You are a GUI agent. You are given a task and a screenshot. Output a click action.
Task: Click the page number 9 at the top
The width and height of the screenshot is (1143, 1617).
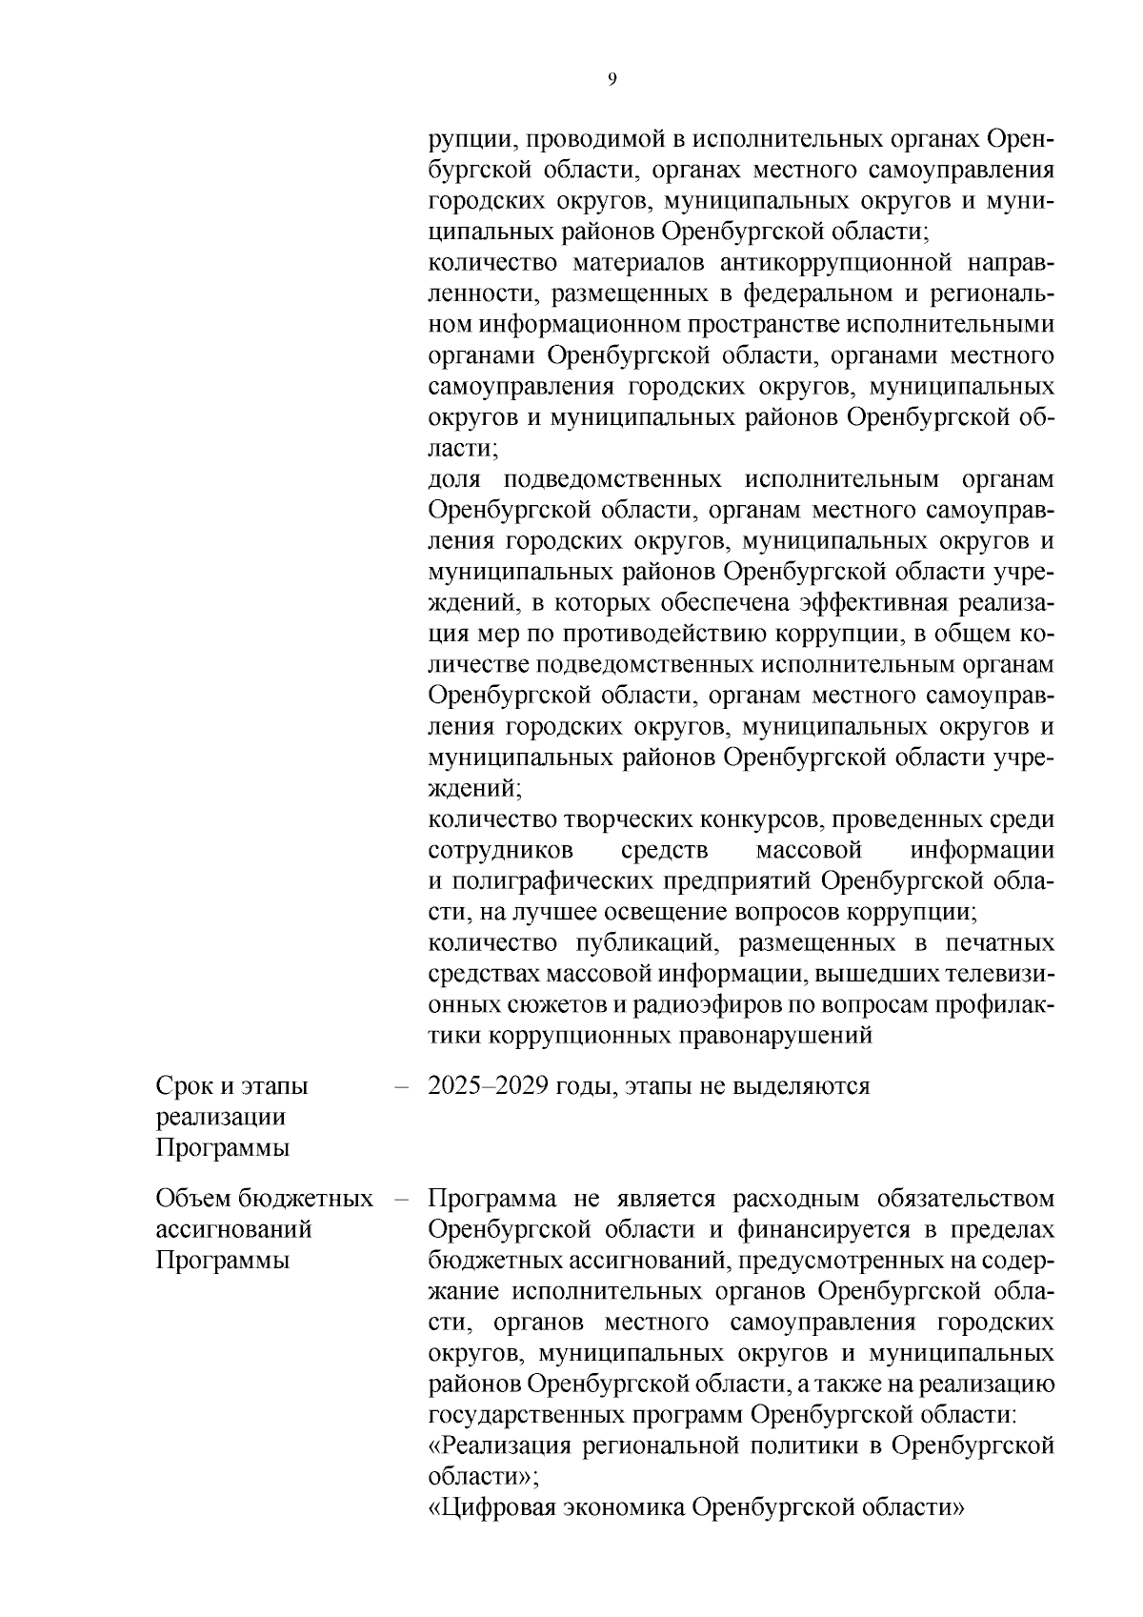(x=612, y=80)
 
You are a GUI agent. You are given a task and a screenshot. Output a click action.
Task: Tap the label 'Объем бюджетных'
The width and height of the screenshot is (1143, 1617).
(x=264, y=1199)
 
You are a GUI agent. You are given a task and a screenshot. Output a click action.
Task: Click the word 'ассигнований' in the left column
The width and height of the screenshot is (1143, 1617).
(x=233, y=1229)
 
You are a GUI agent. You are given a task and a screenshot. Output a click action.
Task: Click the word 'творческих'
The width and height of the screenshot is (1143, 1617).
(x=629, y=819)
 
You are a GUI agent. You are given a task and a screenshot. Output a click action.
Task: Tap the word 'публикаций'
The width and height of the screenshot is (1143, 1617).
(x=646, y=943)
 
